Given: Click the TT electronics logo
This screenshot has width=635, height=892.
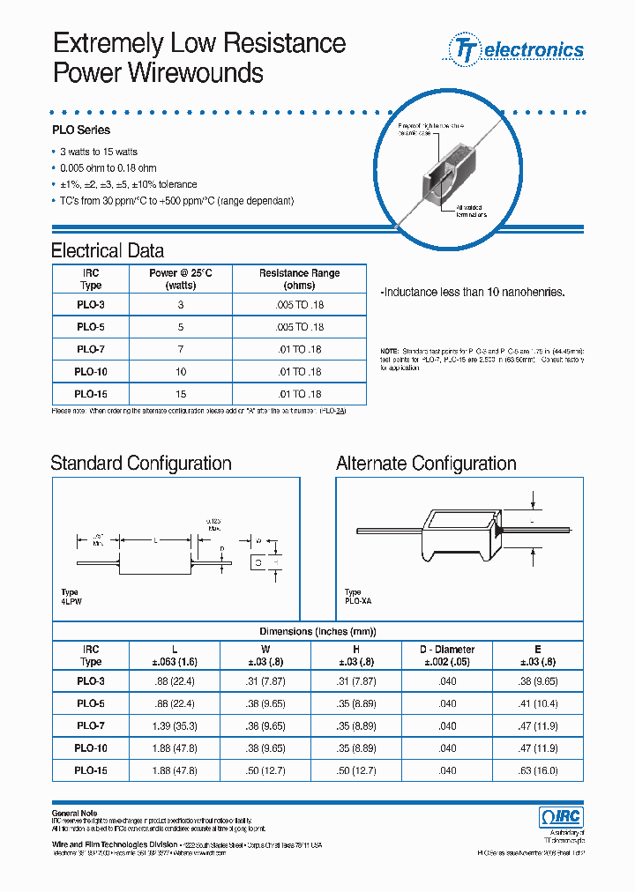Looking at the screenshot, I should pos(518,49).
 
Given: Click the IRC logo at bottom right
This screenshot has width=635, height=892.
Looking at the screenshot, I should pos(560,816).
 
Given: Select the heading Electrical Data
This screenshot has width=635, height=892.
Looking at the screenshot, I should pos(108,250).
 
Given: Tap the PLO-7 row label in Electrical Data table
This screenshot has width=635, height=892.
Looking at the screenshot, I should pos(91,349).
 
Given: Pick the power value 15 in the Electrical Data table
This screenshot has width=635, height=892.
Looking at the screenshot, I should pos(180,394).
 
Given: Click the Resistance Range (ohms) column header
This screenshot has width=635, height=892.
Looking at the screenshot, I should pos(299,279).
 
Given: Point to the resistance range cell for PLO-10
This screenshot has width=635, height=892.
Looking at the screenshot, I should pos(299,372).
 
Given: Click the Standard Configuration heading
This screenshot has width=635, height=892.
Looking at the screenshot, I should pos(141,464).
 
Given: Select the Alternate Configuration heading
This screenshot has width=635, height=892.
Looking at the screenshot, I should pos(426,464).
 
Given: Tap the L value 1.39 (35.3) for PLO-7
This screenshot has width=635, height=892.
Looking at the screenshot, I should pos(173,726).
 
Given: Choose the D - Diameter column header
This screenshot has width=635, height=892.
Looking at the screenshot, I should pos(447,655).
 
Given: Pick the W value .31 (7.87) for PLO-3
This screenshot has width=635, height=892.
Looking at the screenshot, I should pos(266,681).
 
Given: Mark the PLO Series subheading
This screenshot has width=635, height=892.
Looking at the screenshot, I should pos(80,130).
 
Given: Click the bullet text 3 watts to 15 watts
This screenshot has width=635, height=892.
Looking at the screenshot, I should pos(99,152).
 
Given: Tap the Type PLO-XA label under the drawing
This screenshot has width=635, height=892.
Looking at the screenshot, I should pos(358,597).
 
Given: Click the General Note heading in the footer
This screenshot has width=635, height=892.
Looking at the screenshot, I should pos(74,813).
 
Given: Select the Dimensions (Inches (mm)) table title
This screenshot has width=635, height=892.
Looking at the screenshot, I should pos(317,632).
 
